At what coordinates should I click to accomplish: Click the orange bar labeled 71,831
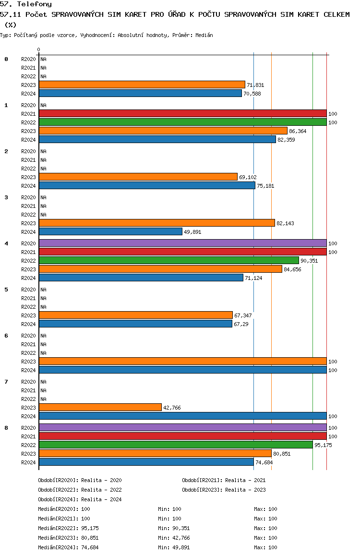coord(142,85)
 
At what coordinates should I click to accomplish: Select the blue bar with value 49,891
coord(110,231)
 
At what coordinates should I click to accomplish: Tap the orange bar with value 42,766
coord(100,408)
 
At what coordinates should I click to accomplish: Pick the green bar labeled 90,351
coord(169,261)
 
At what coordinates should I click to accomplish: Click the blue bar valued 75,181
coord(147,185)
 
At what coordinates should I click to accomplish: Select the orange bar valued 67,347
coord(136,315)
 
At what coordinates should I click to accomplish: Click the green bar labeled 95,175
coord(176,445)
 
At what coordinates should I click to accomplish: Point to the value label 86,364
coord(298,131)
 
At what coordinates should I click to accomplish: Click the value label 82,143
coord(285,223)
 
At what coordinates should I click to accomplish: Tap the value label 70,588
coord(252,94)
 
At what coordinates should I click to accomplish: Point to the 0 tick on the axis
coord(38,49)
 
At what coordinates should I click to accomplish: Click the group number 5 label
coord(6,290)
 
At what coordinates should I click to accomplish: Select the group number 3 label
coord(6,197)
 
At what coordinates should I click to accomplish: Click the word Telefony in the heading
coord(35,4)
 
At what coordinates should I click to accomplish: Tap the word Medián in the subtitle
coord(204,35)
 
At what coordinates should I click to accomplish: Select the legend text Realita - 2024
coord(101,499)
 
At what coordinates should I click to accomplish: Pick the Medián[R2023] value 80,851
coord(90,538)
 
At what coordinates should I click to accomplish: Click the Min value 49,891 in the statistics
coord(180,547)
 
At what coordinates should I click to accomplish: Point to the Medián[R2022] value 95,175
coord(90,528)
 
